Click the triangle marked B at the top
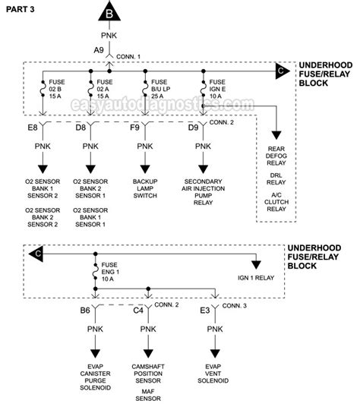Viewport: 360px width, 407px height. point(109,12)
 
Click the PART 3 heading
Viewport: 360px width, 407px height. point(21,10)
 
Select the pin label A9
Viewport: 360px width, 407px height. point(99,50)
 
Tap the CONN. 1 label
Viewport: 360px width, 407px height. point(128,57)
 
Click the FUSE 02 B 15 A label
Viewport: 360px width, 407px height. point(57,89)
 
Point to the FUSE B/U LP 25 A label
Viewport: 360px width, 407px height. point(160,89)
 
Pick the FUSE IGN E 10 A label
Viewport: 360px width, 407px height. point(217,89)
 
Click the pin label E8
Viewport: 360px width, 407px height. point(33,128)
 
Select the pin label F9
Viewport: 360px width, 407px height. point(134,128)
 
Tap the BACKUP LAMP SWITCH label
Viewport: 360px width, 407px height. point(145,188)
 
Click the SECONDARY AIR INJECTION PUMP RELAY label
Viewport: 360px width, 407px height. point(204,192)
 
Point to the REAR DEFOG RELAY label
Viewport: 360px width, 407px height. point(276,156)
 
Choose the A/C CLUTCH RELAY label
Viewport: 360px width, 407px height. point(276,202)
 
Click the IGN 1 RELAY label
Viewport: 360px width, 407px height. point(256,278)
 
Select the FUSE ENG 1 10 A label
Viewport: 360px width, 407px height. point(110,272)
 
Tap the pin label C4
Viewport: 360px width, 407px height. point(138,310)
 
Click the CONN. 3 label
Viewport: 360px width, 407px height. point(235,306)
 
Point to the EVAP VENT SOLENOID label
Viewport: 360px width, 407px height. point(213,374)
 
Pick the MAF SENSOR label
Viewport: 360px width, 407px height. point(148,395)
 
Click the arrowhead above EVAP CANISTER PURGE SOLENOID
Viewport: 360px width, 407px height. point(95,354)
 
